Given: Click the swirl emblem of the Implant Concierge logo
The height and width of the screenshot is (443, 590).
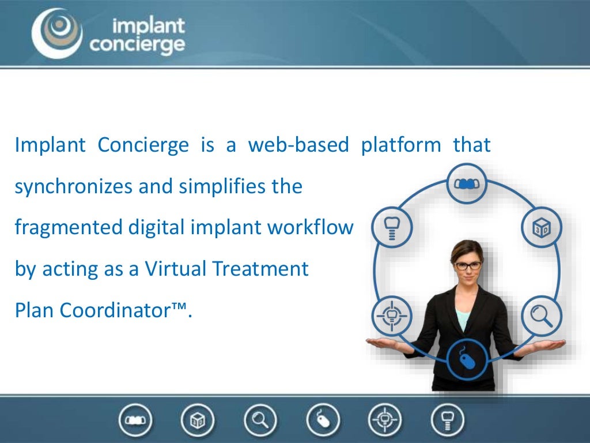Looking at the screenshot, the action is point(57,33).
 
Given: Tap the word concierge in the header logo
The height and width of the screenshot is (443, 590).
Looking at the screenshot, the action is point(137,45).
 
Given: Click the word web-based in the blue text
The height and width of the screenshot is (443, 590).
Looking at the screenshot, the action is point(298,145).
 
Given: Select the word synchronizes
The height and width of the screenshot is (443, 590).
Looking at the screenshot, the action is point(73,186).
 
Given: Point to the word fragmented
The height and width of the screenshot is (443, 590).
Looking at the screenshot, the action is point(69,228).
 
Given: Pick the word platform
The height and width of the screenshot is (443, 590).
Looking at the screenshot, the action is point(401,145).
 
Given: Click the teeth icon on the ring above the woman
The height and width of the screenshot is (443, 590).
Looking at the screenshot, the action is point(467,184).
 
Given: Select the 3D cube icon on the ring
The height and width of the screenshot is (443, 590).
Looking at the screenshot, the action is point(542,227).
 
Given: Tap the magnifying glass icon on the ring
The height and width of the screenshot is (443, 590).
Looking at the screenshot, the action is point(542,316).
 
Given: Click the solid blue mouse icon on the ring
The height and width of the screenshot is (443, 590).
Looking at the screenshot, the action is point(467,360).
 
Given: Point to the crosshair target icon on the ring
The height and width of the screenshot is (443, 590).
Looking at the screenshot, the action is point(392,316).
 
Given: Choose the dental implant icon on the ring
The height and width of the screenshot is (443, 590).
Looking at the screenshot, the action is point(392,227).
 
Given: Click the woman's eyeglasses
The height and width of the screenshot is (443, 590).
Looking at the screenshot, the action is point(468,265).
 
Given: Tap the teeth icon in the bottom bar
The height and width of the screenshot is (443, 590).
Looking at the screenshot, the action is point(135,420).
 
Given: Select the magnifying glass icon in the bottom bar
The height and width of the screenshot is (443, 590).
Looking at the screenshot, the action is point(260,420).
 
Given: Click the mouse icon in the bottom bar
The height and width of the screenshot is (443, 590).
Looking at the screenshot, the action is point(323,420).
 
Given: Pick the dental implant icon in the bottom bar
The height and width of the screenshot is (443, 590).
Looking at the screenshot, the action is point(447,420).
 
